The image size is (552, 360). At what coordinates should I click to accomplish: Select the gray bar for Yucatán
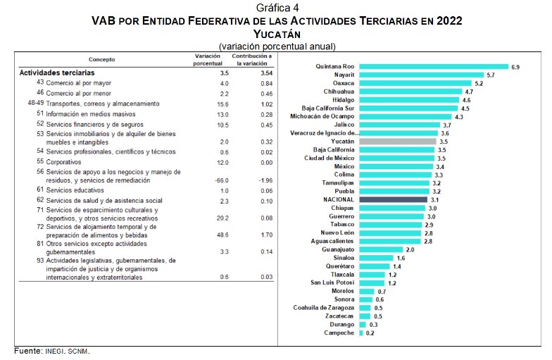tap(398, 142)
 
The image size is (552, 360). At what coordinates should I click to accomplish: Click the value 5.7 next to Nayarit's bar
tap(491, 75)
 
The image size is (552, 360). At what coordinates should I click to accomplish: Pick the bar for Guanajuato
tap(381, 249)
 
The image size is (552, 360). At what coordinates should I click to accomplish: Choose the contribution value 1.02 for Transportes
tap(253, 103)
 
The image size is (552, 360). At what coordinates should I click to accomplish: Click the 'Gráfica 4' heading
tap(276, 8)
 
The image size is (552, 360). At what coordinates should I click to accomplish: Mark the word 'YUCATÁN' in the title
tap(276, 34)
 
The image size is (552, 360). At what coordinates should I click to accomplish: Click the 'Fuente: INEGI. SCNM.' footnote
tap(53, 351)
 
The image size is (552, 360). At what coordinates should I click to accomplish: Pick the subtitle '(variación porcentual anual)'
tap(276, 46)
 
